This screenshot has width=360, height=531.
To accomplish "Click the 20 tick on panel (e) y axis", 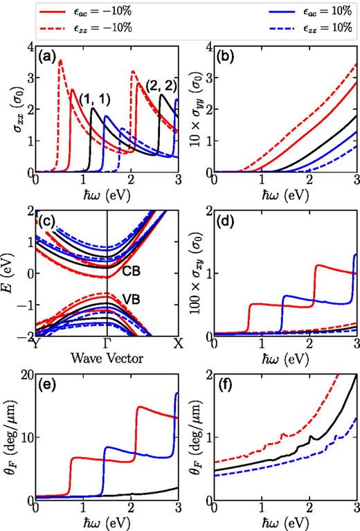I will click(24, 375).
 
